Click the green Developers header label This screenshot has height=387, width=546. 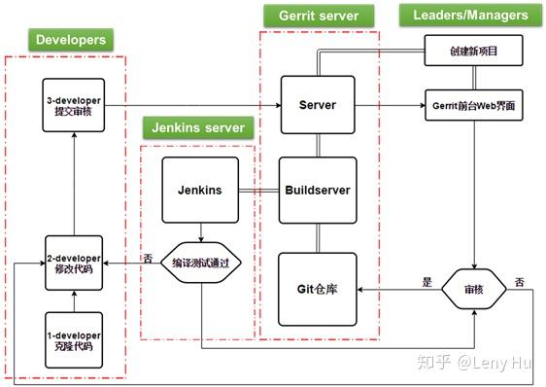tap(69, 40)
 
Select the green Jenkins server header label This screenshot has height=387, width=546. tap(197, 127)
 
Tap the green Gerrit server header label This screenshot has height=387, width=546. tap(311, 16)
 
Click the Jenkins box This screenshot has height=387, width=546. tap(199, 191)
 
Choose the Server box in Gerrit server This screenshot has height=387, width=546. tap(318, 104)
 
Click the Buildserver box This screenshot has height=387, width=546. tap(318, 191)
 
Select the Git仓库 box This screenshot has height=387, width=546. tap(318, 289)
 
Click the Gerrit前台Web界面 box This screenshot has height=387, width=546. tap(474, 104)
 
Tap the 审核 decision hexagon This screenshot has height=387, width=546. tap(474, 289)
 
